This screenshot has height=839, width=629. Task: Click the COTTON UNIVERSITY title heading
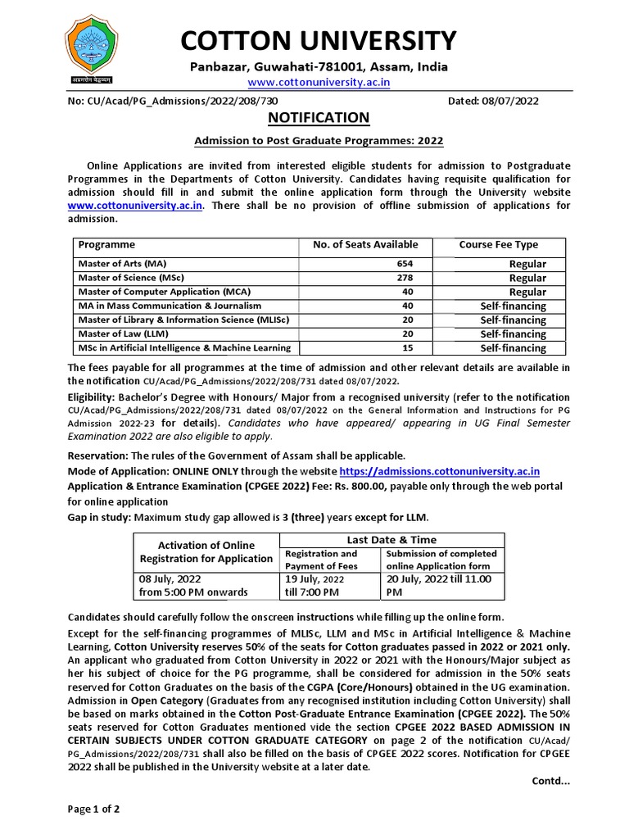pos(319,40)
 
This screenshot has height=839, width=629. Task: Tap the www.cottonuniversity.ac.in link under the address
pos(319,83)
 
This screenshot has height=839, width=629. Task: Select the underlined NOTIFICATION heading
pos(319,118)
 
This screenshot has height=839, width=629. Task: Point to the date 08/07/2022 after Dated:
pos(510,101)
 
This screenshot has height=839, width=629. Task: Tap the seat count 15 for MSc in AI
pos(407,348)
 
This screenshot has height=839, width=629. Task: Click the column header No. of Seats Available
pos(365,245)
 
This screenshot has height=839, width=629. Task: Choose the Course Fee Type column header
pos(498,245)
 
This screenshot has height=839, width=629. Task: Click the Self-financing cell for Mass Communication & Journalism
pos(513,306)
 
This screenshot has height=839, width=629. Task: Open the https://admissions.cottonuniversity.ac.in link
pos(439,471)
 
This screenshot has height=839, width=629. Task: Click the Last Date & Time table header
pos(392,540)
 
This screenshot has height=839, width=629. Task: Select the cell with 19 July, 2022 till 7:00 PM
pos(319,586)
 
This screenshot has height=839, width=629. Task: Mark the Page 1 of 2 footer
pos(93,810)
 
